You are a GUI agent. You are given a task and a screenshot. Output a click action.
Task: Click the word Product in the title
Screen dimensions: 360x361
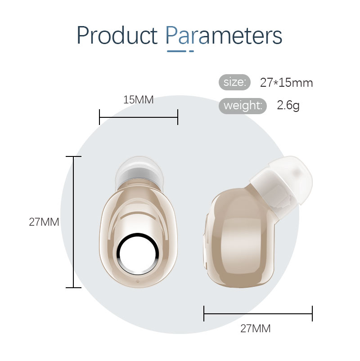117,35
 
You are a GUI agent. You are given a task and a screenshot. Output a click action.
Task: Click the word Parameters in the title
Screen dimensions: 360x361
224,35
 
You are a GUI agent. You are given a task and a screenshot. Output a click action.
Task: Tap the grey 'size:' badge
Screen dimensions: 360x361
234,82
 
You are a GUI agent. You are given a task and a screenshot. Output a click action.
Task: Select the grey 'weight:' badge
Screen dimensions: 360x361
243,106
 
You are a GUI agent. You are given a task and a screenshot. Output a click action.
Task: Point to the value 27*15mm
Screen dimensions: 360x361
287,83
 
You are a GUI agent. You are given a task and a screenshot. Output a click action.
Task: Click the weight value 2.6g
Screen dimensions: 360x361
288,106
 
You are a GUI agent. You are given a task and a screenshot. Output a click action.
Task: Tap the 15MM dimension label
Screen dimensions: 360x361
139,100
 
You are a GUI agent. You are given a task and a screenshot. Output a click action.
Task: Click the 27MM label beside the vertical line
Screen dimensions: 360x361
44,222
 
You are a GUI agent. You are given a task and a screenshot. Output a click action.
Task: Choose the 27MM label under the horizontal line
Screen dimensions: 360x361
255,329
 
